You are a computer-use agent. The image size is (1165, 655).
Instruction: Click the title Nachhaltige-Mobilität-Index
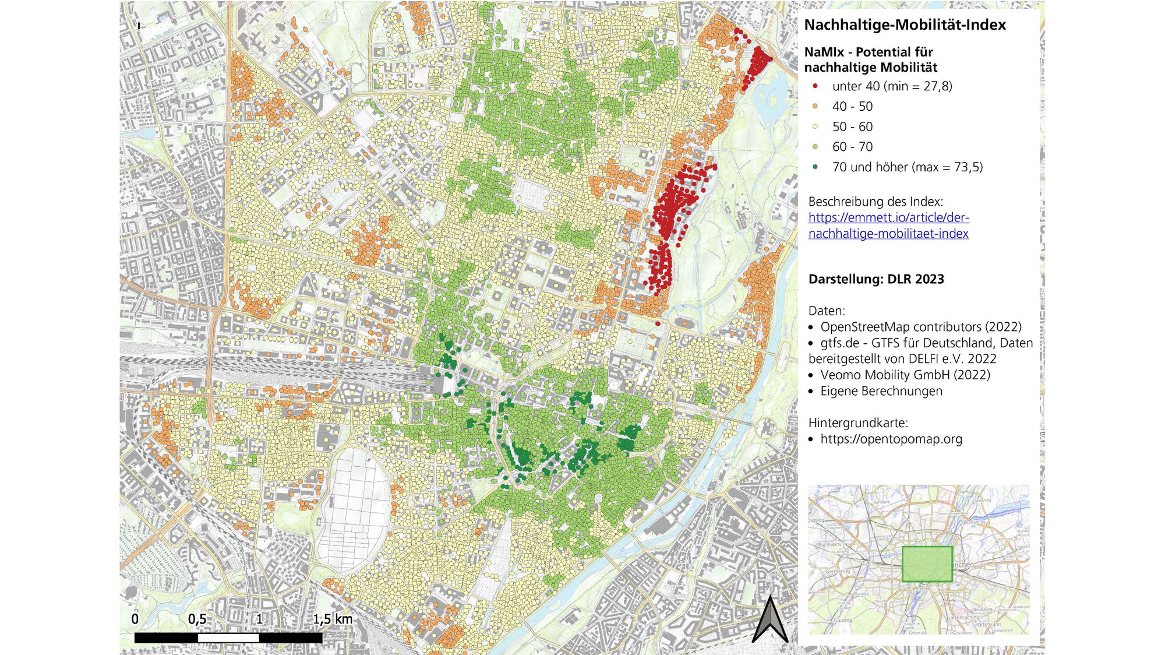[905, 25]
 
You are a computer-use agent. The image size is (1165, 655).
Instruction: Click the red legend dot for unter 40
[815, 86]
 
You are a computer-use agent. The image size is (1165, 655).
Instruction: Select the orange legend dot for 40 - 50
[815, 106]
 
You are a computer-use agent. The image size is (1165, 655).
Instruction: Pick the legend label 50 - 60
[852, 126]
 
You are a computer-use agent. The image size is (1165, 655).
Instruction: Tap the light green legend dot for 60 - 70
[815, 147]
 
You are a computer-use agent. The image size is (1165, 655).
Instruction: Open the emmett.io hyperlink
[888, 226]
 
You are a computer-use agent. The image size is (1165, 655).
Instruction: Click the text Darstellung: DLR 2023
[875, 279]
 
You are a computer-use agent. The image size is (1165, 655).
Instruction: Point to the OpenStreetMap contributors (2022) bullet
[920, 327]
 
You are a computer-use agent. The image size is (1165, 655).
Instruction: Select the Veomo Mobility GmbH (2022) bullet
[905, 375]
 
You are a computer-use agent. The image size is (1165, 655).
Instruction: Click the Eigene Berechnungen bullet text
[881, 391]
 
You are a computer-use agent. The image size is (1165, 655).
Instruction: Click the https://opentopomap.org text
[891, 439]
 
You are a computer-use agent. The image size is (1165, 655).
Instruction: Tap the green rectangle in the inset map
[927, 564]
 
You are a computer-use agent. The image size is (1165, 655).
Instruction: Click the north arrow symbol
[770, 621]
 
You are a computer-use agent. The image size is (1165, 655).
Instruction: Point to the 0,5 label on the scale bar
[197, 619]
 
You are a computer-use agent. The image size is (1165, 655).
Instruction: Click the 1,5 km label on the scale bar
[332, 619]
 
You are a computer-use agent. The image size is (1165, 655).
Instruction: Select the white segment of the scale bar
[228, 638]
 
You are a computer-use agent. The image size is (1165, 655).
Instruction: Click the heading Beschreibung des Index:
[875, 202]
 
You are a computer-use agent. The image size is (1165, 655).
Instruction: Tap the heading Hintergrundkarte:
[857, 422]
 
